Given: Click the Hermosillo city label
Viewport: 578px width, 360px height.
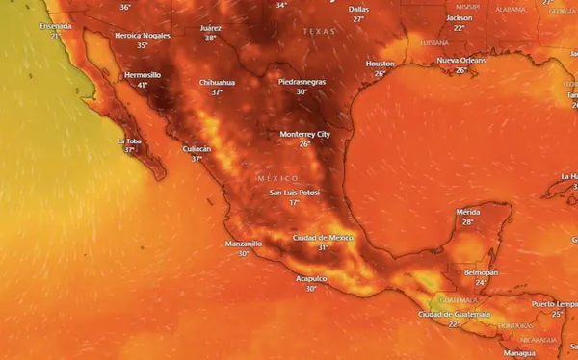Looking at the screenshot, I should coord(143,74).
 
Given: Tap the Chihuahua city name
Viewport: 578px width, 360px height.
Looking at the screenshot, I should coord(217,83).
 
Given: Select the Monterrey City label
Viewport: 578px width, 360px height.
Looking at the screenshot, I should coord(304,133).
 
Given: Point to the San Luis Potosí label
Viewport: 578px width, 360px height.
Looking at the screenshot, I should coord(294,193).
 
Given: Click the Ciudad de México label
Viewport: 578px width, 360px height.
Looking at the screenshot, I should coord(323,237).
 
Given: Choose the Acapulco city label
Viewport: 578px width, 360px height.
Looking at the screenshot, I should coord(311,278).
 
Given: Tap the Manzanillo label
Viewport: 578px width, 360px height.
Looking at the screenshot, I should coord(243,244).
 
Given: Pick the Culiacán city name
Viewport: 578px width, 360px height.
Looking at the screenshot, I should coord(197,148).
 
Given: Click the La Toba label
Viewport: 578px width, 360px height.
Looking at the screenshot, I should coord(129,141).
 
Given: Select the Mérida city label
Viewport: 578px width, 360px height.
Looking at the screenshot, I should coord(468,211).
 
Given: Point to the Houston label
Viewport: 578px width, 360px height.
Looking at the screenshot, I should coord(381,63).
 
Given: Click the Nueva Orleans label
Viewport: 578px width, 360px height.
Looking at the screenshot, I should coord(460,60).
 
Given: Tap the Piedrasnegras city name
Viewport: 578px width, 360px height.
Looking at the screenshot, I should coord(302,82).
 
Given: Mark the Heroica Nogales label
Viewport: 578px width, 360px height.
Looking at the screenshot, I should coord(142,35).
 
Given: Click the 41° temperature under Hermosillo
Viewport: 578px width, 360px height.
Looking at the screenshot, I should coord(143,85).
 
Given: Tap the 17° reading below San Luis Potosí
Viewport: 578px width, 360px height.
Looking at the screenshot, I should coord(294,203).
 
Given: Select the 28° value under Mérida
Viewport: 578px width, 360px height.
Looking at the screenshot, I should coord(468,221).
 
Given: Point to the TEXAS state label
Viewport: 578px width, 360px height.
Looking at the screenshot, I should coord(319,31).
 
